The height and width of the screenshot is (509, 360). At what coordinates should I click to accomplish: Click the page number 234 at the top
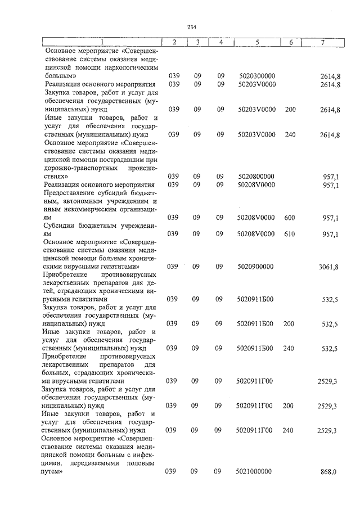pyautogui.click(x=191, y=26)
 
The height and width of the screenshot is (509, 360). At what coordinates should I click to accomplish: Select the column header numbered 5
pyautogui.click(x=256, y=42)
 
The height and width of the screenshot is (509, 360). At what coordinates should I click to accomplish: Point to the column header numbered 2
pyautogui.click(x=174, y=42)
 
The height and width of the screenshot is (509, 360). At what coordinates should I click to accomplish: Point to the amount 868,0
pyautogui.click(x=328, y=472)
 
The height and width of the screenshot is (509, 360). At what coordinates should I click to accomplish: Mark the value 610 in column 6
pyautogui.click(x=290, y=234)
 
